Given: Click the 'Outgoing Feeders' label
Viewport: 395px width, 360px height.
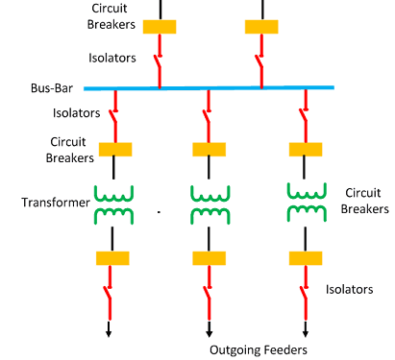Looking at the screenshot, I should click(259, 349).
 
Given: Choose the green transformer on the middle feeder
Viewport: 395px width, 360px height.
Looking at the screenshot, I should click(209, 203).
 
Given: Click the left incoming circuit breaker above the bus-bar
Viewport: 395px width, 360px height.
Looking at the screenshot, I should click(160, 27).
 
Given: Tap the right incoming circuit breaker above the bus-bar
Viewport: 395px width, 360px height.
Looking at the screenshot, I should click(260, 27).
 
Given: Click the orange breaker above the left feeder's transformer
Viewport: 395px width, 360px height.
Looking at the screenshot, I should click(115, 149).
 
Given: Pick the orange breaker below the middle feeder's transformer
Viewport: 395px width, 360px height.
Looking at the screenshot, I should click(209, 258).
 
